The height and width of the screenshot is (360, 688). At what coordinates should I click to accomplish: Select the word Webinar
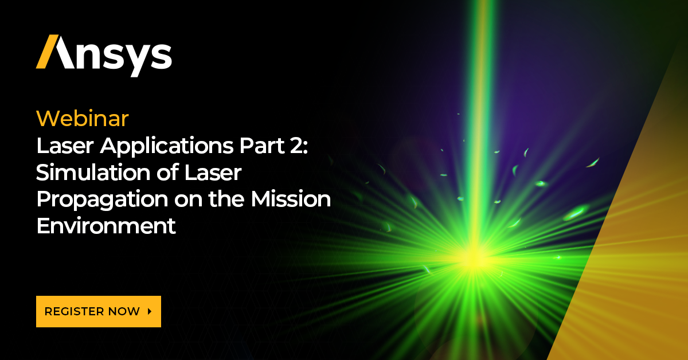pyautogui.click(x=83, y=119)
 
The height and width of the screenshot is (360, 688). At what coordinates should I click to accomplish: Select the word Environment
pyautogui.click(x=106, y=226)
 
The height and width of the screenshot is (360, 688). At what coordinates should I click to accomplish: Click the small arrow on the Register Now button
pyautogui.click(x=150, y=312)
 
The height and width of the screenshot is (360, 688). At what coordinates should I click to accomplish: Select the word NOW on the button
pyautogui.click(x=127, y=312)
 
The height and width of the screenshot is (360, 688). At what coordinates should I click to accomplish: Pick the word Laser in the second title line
pyautogui.click(x=212, y=173)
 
